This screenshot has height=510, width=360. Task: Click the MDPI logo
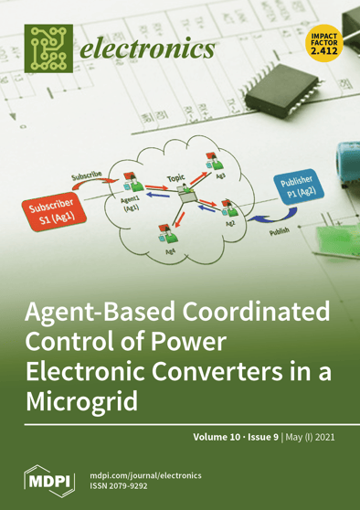tap(46, 479)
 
